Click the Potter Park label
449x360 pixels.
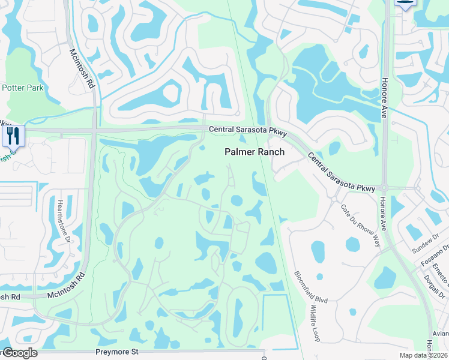coord(23,88)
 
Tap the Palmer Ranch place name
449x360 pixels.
coord(255,152)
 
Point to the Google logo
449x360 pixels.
coord(19,353)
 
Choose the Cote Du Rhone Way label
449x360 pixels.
coord(352,226)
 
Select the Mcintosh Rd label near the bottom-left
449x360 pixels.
coord(58,286)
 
